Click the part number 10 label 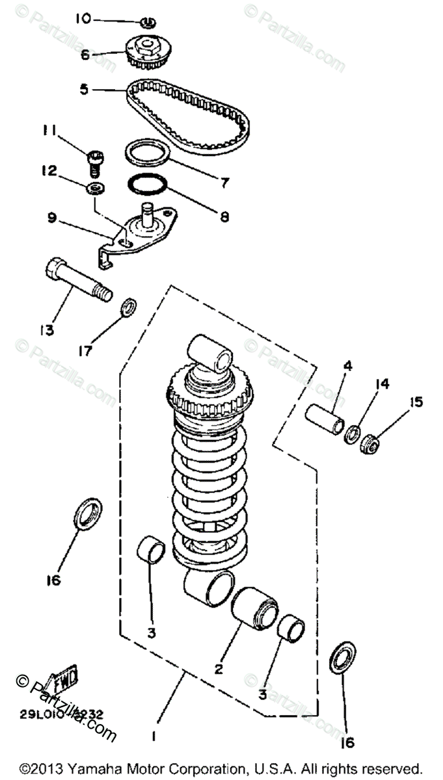(82, 19)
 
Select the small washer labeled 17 (128, 305)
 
